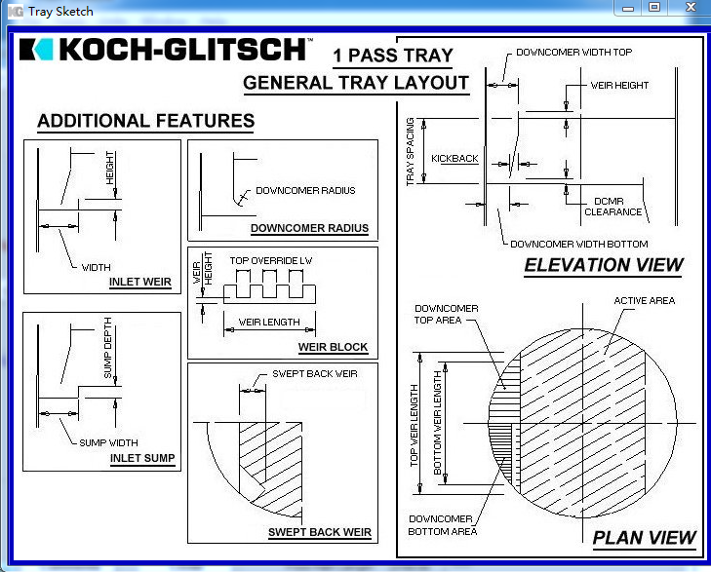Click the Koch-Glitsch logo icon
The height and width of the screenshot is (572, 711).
pyautogui.click(x=37, y=50)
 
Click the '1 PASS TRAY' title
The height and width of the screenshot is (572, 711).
pyautogui.click(x=392, y=56)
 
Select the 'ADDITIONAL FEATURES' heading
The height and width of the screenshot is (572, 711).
pyautogui.click(x=145, y=122)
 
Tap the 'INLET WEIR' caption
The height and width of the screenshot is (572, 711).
pyautogui.click(x=140, y=283)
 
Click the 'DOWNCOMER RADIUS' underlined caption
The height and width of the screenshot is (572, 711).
pyautogui.click(x=309, y=229)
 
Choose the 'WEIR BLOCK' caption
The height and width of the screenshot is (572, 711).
pyautogui.click(x=334, y=348)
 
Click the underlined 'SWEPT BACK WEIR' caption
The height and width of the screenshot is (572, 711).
pyautogui.click(x=320, y=532)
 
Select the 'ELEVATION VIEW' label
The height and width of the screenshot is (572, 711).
pyautogui.click(x=604, y=265)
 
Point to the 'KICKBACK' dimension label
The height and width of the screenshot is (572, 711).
pyautogui.click(x=454, y=158)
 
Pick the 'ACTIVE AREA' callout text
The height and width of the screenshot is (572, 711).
pyautogui.click(x=644, y=301)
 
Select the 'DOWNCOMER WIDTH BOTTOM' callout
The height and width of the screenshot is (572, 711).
pyautogui.click(x=579, y=244)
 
